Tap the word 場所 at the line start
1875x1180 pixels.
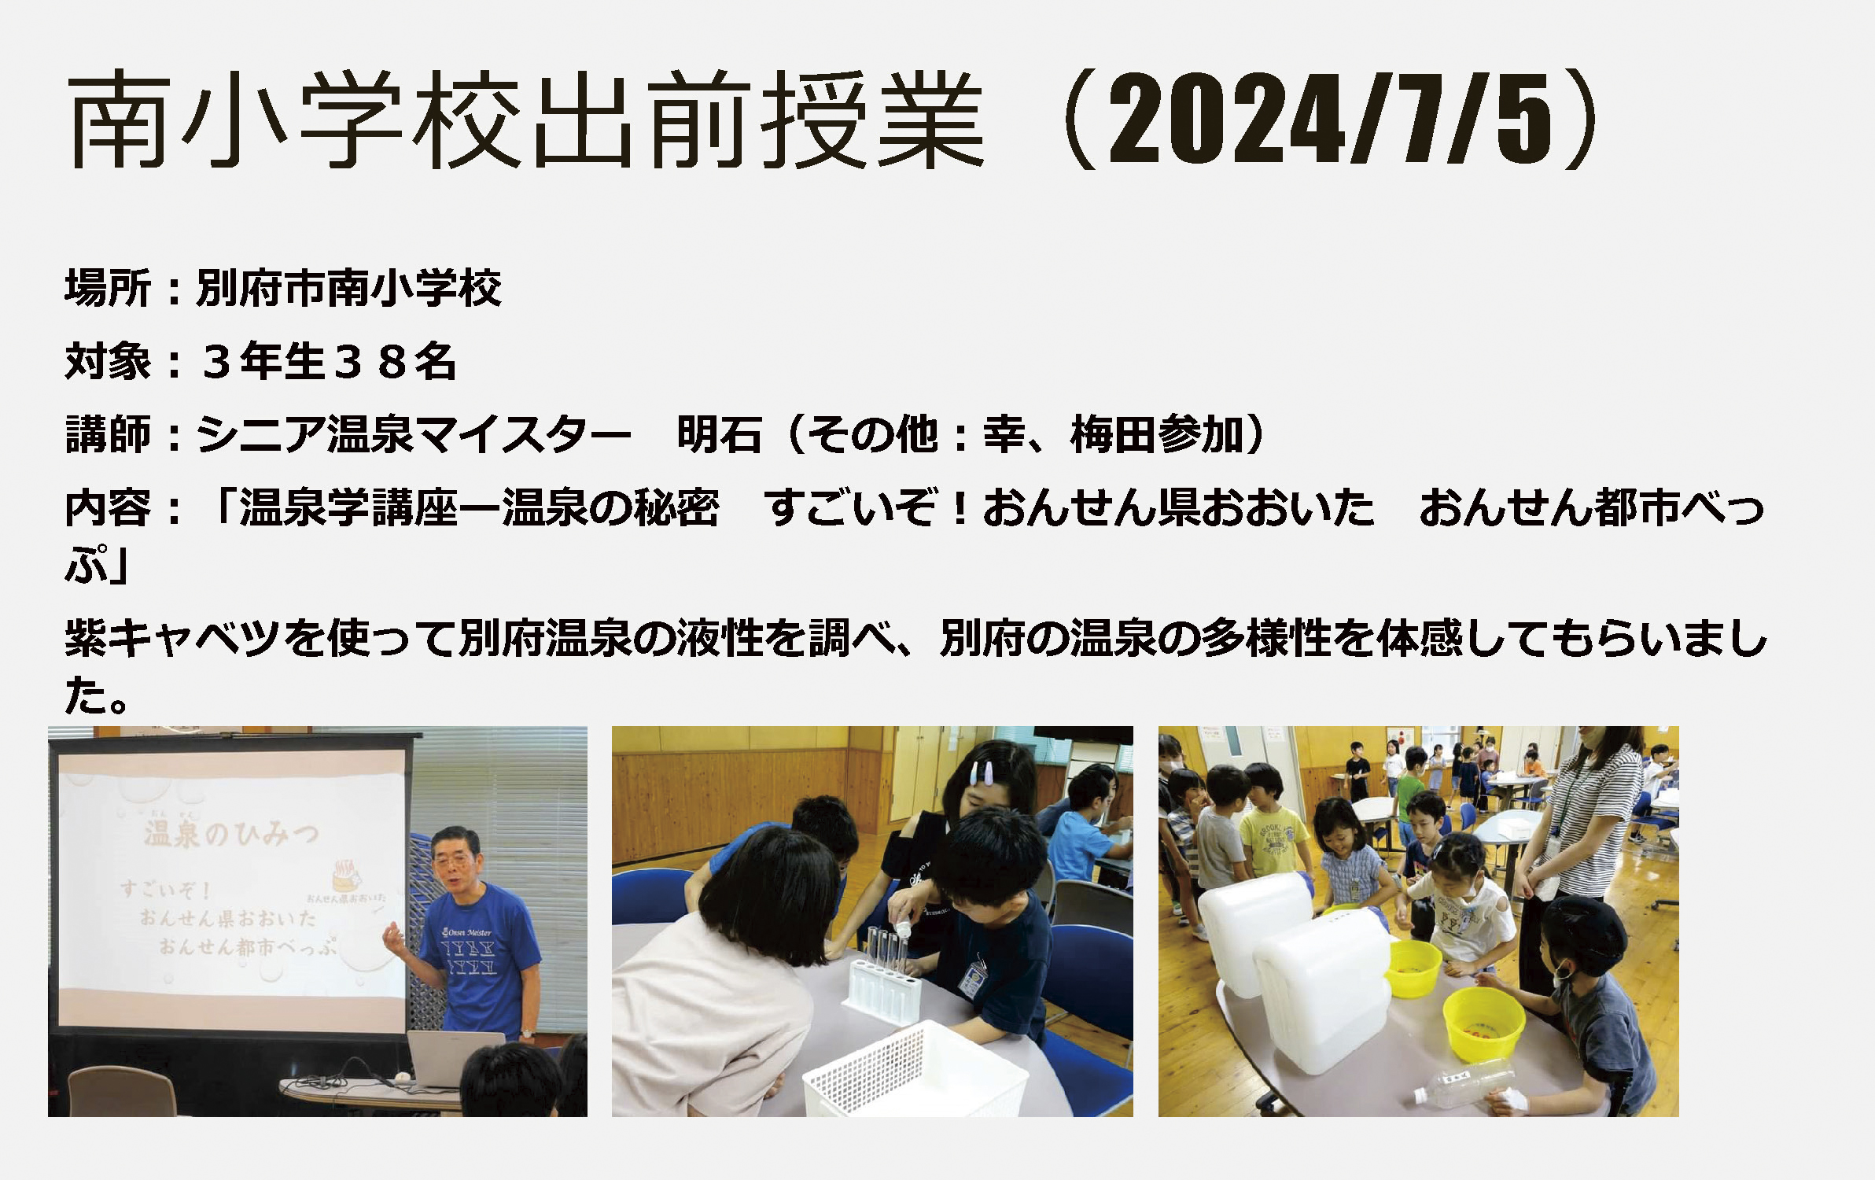point(108,288)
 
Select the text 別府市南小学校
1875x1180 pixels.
point(348,288)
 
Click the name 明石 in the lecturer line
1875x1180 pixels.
point(720,434)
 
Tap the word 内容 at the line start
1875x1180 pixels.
point(108,507)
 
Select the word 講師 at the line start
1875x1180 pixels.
point(108,434)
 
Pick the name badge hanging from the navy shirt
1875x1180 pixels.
point(972,975)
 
